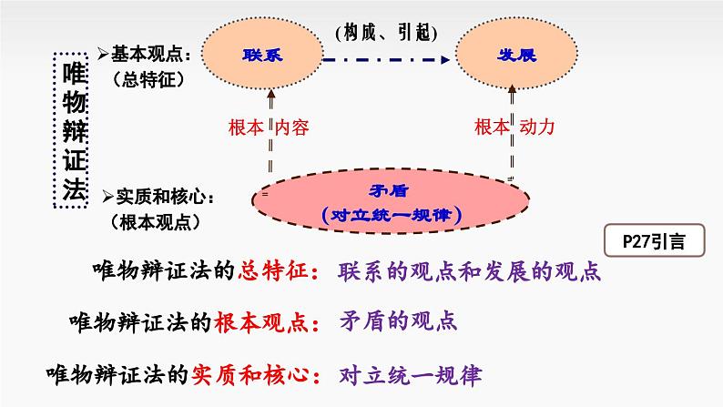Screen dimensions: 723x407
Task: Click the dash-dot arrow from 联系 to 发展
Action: click(x=388, y=58)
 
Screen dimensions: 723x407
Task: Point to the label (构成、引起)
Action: click(x=387, y=30)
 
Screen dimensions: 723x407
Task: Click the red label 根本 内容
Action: click(x=270, y=127)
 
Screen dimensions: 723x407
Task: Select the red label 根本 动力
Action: click(x=514, y=127)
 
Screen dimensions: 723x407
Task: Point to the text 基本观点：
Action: click(x=145, y=55)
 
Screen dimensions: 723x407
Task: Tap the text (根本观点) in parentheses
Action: click(x=152, y=220)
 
